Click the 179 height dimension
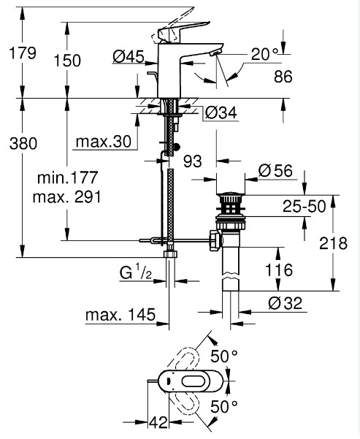(x=23, y=53)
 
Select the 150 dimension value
(x=67, y=61)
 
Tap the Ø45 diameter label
(x=129, y=57)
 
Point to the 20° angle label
(x=265, y=54)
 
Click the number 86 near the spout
(x=283, y=77)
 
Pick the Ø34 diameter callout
(x=221, y=112)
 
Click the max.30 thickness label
(x=104, y=142)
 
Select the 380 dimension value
(x=23, y=144)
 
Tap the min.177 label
(x=67, y=177)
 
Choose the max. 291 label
(x=67, y=197)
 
